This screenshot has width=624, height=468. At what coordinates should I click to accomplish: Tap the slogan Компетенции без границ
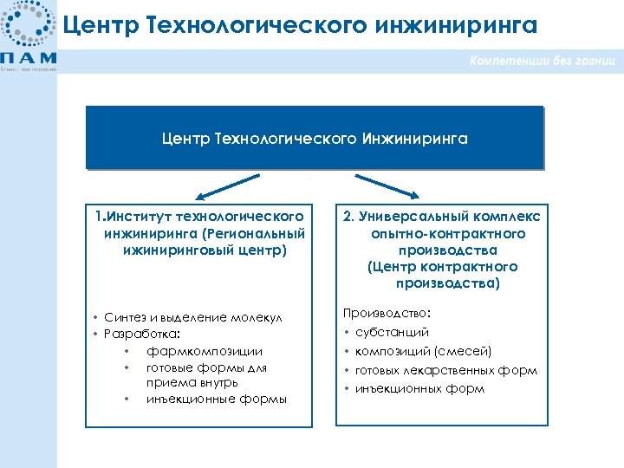[543, 62]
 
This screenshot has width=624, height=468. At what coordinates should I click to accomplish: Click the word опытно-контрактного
[447, 234]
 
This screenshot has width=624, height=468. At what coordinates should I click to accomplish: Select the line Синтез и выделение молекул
[193, 318]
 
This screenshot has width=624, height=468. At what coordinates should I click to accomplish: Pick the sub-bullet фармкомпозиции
[192, 351]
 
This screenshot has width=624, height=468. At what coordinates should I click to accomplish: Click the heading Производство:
[387, 313]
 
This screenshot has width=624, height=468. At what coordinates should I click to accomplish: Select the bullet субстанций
[392, 332]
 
